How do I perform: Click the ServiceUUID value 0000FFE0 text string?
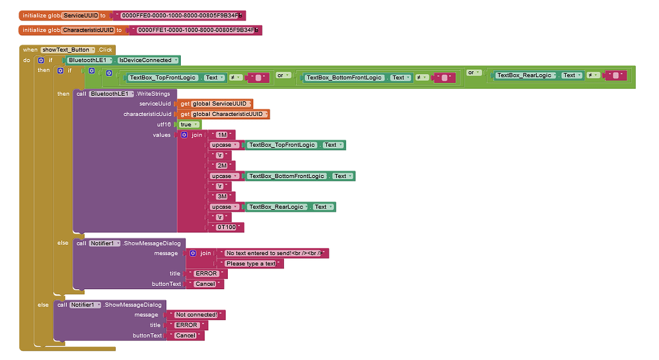(181, 15)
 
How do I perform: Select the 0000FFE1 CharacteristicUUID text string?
(198, 30)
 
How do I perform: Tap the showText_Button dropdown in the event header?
(68, 50)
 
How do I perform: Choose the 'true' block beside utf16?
(189, 124)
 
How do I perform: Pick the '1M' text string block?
(222, 135)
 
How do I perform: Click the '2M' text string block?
(222, 166)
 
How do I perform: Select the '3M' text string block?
(222, 196)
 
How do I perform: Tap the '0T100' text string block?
(226, 227)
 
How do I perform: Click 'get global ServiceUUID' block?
(215, 104)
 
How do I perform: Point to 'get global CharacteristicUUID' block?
(223, 115)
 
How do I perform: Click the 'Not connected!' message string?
(196, 314)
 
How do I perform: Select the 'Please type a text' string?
(251, 263)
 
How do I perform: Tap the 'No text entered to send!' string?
(273, 253)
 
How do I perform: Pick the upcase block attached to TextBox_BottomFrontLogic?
(225, 176)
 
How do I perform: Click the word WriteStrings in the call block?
(153, 94)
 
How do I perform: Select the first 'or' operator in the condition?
(283, 75)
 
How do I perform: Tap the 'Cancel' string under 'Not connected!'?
(185, 336)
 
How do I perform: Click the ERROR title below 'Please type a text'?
(207, 274)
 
